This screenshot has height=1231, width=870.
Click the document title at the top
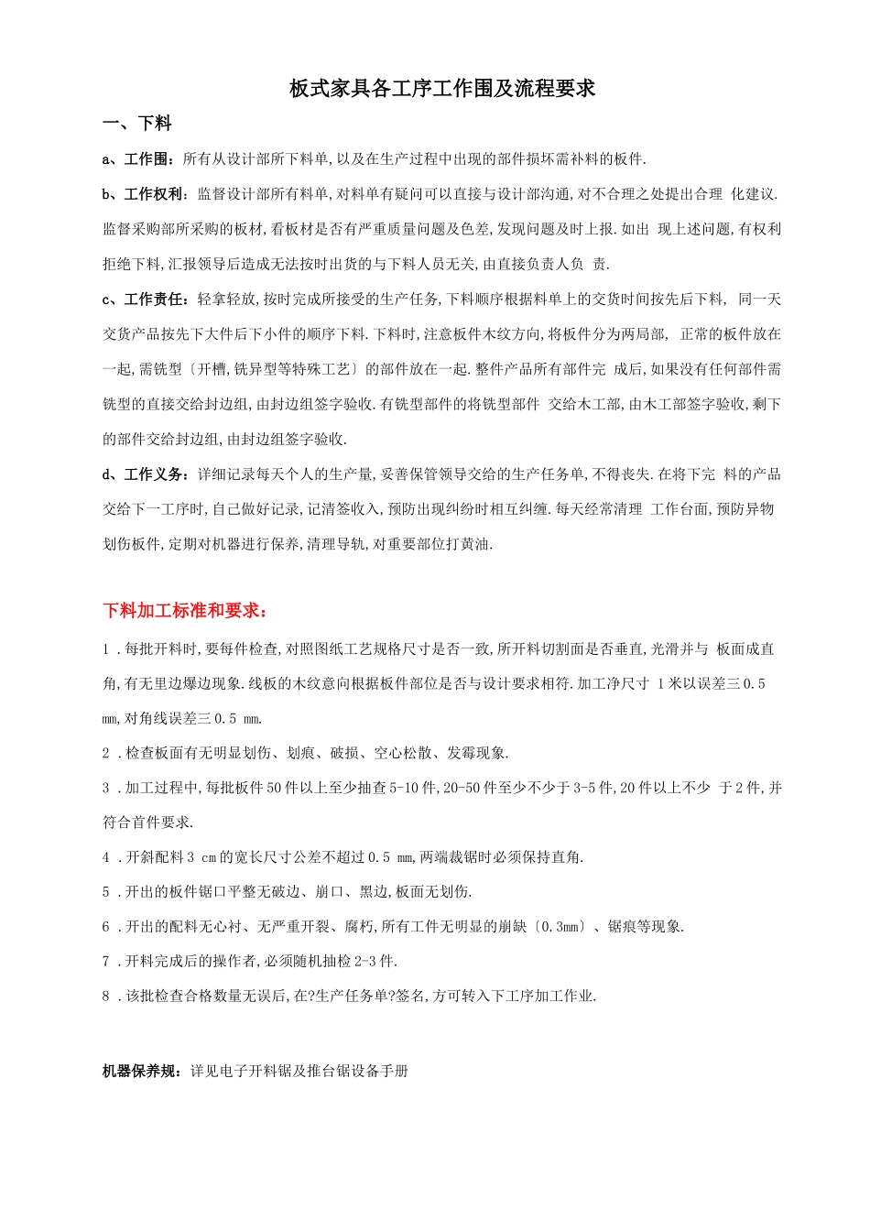442,89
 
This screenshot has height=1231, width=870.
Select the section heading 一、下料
136,124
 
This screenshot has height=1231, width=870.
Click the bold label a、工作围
137,159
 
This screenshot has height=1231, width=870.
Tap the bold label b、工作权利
145,194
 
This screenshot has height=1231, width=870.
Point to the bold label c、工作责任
145,300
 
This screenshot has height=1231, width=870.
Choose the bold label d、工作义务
145,474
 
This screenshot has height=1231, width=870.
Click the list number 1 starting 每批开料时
106,649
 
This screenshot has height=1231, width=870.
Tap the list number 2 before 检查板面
106,753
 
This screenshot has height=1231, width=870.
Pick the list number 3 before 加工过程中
106,788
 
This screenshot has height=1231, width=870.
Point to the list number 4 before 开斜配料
106,857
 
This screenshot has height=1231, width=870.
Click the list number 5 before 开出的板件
106,892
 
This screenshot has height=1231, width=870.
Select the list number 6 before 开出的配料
106,927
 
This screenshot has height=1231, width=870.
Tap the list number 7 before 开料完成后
106,962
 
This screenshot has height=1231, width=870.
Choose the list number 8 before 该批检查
106,997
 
